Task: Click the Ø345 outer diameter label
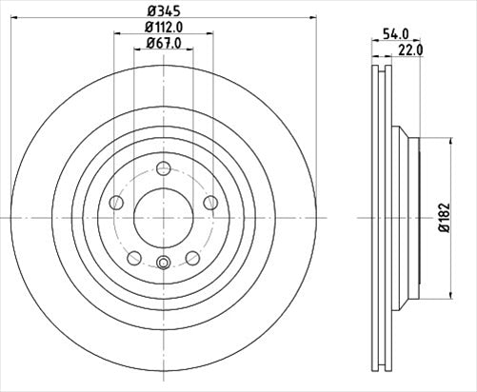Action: coord(163,11)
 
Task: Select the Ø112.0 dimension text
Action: coord(164,28)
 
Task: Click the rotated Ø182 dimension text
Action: coord(443,217)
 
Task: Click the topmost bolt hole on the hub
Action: coord(163,168)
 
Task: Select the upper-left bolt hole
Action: coord(116,202)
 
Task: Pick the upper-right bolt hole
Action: coord(209,202)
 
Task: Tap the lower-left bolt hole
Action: coord(134,257)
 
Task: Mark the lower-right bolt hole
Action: coord(192,257)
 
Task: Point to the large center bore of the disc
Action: coord(163,218)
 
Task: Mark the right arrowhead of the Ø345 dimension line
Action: coord(307,19)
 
